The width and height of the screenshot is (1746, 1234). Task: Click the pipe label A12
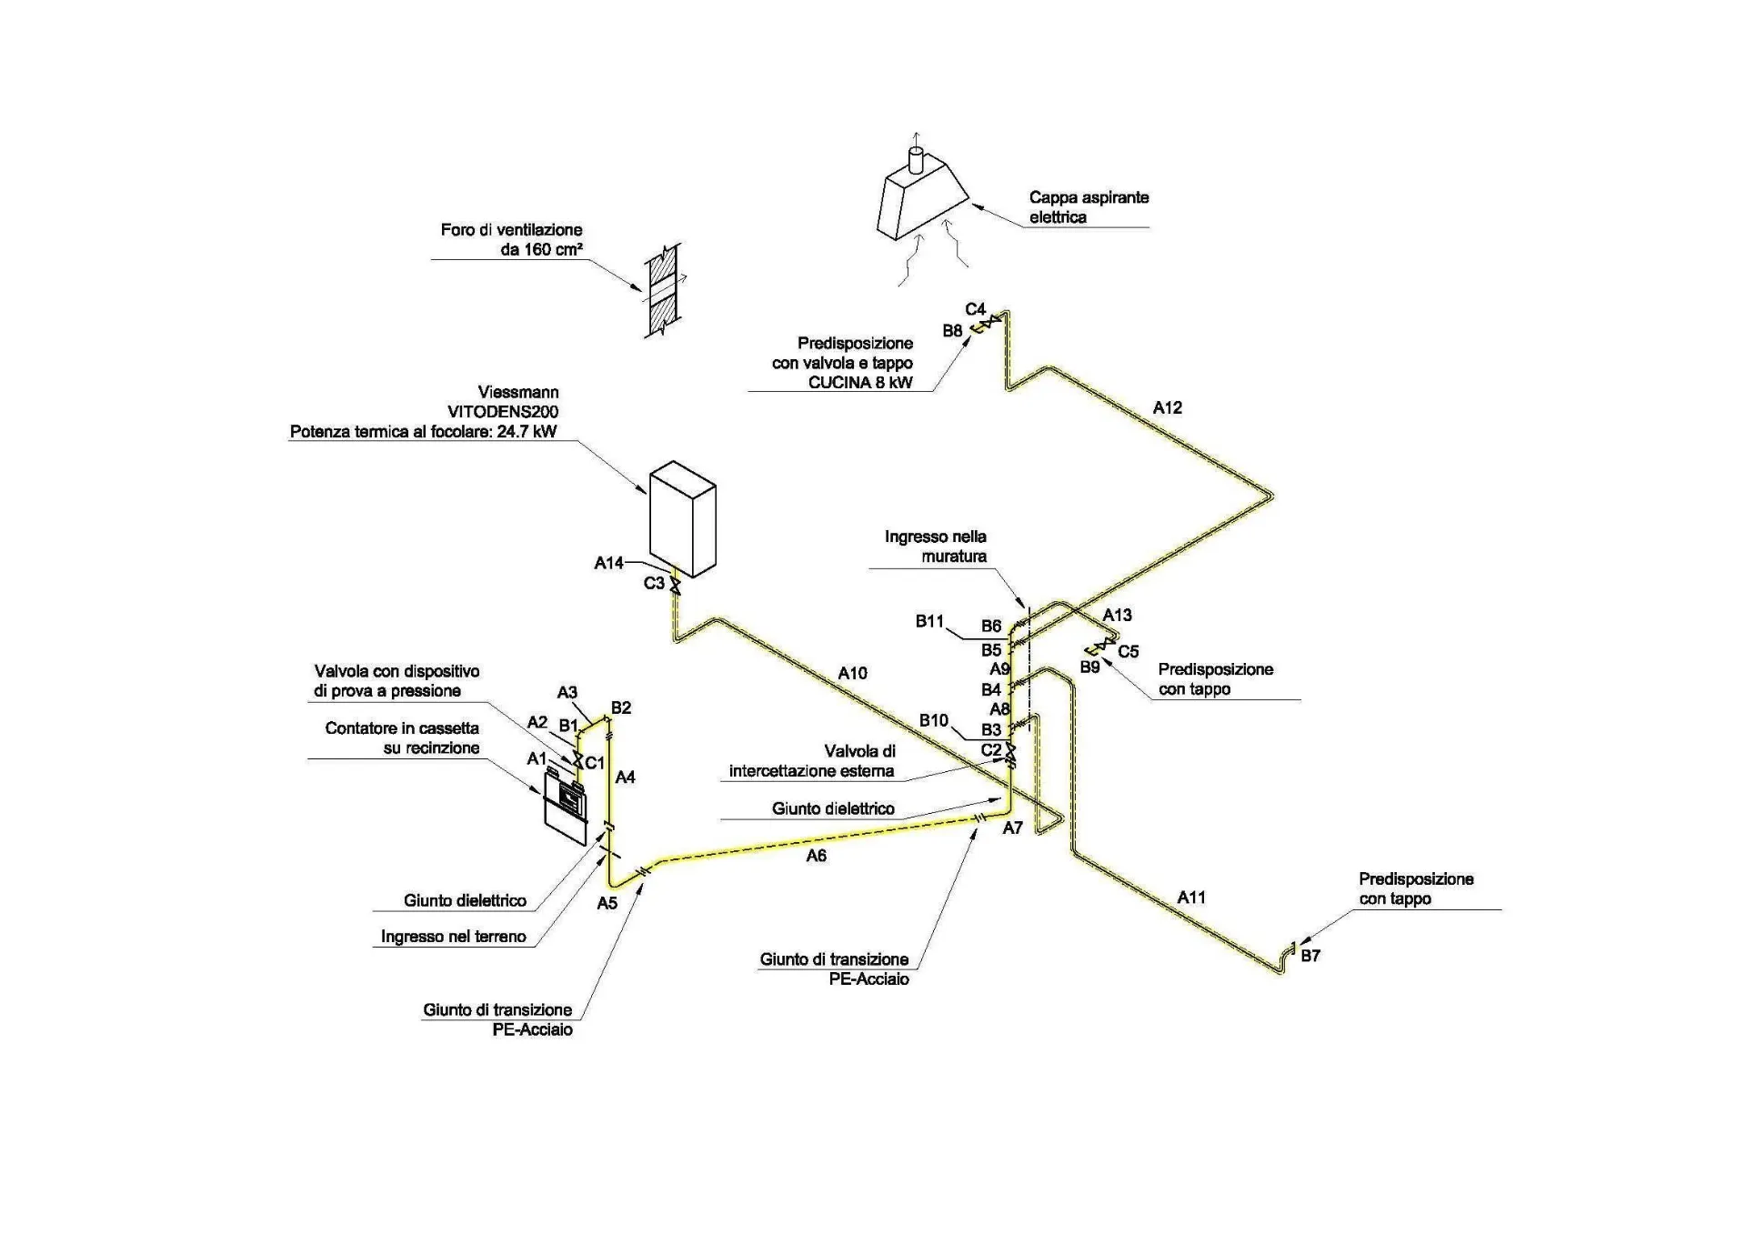[1167, 408]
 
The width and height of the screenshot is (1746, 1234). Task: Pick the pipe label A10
[852, 674]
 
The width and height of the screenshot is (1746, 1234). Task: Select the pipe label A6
[816, 856]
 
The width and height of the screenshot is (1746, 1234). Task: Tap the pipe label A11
[1191, 898]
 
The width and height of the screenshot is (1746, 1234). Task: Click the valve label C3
[654, 583]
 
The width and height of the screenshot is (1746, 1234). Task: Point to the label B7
[1310, 956]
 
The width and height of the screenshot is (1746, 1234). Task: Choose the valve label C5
[1128, 652]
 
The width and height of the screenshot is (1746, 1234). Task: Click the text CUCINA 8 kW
[860, 383]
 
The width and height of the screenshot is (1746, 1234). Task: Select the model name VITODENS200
[503, 412]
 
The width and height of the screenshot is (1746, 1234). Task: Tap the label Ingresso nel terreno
[453, 937]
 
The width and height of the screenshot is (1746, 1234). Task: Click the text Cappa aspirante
[1089, 197]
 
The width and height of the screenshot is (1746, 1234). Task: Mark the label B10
[933, 721]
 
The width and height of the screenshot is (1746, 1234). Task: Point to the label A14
[608, 564]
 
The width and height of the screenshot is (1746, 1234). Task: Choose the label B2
[621, 707]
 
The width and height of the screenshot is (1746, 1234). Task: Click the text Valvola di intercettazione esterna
[812, 761]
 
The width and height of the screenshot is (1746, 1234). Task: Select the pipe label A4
[625, 778]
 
